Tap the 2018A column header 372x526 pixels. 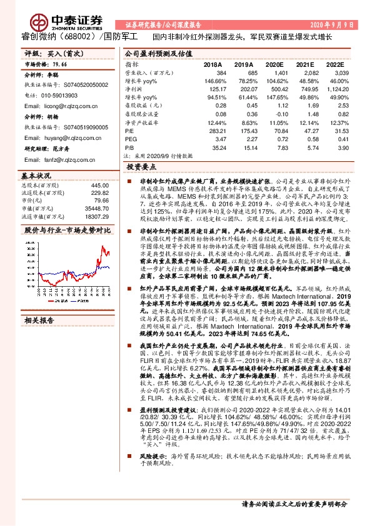point(213,64)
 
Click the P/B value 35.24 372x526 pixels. point(216,149)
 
